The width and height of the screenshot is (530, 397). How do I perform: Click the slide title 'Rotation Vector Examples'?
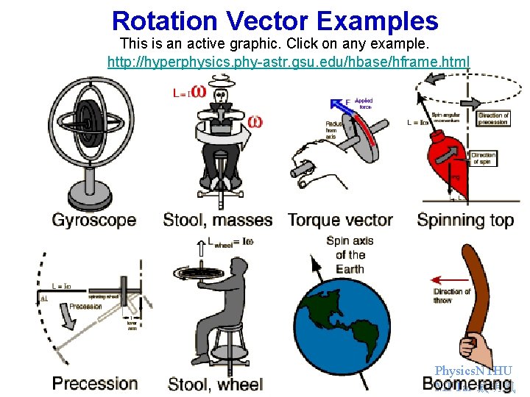(275, 21)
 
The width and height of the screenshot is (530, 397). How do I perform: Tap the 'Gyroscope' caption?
(93, 220)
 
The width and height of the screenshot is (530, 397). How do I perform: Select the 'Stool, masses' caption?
(217, 220)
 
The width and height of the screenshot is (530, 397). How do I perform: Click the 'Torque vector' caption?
(340, 220)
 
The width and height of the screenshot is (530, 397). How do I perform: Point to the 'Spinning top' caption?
(465, 220)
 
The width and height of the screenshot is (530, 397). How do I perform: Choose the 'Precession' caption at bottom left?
(95, 383)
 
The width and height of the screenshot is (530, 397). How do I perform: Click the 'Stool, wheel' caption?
(216, 384)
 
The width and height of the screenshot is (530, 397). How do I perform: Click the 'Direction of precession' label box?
(493, 119)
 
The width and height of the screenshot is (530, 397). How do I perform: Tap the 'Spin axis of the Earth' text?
(350, 254)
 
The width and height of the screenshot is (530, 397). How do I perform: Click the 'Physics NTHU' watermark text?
(473, 371)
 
